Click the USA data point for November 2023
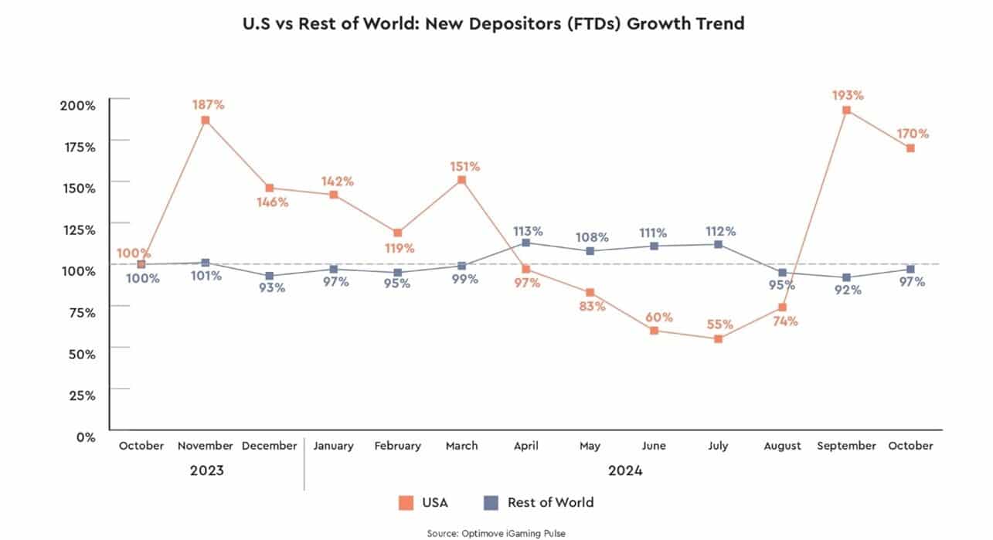(205, 121)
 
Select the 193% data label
(848, 96)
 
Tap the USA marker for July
(718, 338)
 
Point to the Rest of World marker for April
(526, 243)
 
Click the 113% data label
(529, 230)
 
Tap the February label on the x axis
(397, 446)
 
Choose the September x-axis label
(847, 446)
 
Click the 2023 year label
(206, 470)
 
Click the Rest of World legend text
(550, 503)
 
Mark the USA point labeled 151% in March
(461, 180)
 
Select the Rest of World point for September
(847, 277)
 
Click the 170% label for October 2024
(913, 134)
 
